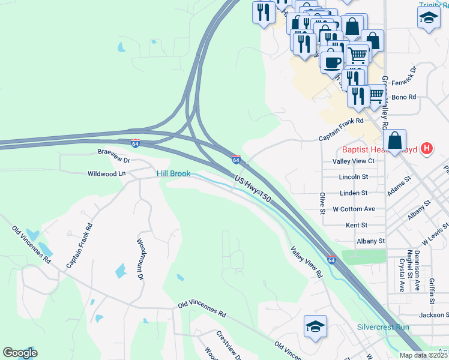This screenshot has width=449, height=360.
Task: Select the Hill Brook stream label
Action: [x=173, y=173]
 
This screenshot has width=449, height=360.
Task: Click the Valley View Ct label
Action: [x=353, y=161]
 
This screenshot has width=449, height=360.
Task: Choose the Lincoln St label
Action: [x=353, y=177]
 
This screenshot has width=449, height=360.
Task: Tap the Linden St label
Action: [x=353, y=193]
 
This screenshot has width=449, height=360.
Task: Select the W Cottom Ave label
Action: [x=354, y=209]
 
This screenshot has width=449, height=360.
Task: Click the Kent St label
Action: [x=357, y=225]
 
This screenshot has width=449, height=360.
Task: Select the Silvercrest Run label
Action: [x=383, y=327]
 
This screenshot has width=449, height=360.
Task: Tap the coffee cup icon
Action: [x=331, y=61]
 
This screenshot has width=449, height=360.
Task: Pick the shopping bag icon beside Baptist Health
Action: [x=394, y=142]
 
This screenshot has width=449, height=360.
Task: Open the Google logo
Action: [x=20, y=353]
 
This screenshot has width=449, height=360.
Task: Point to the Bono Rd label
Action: [x=403, y=97]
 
